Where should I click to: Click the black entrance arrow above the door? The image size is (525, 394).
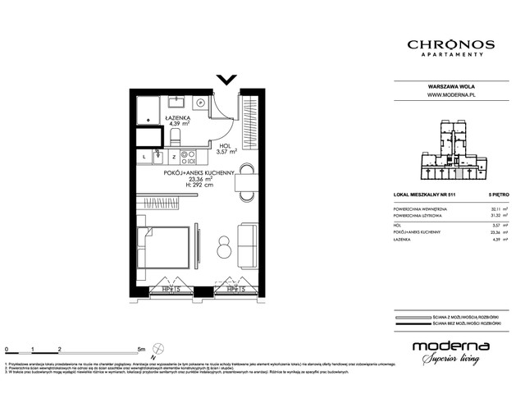tap(227, 80)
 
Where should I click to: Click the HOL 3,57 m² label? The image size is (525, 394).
tap(226, 147)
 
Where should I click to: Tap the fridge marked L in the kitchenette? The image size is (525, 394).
tap(144, 156)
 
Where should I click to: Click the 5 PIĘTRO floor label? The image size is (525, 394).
tap(498, 194)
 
